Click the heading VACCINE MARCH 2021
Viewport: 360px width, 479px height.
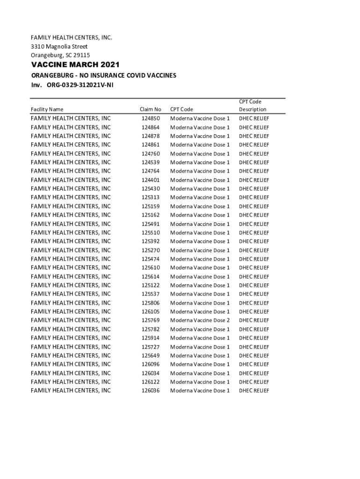75,65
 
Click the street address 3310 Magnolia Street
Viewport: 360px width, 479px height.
59,46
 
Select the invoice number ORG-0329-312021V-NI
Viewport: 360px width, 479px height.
79,85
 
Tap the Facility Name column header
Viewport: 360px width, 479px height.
47,109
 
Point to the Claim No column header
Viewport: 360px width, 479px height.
150,109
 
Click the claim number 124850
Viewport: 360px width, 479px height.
150,118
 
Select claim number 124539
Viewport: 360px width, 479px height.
150,162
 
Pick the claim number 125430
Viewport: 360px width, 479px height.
150,189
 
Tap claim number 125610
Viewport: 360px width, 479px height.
150,268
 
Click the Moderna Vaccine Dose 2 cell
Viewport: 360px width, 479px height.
200,320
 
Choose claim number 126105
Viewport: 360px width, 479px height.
150,312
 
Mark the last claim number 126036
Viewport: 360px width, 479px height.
150,391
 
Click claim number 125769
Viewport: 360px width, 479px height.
150,320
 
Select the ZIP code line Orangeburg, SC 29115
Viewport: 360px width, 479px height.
60,55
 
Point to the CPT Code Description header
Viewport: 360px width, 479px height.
252,105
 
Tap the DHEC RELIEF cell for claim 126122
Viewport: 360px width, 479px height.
254,382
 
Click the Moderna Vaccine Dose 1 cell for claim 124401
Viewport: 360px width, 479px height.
200,180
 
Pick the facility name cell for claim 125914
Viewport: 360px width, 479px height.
71,338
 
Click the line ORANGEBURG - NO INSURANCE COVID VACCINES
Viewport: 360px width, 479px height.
103,75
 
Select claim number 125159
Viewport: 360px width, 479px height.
150,206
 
